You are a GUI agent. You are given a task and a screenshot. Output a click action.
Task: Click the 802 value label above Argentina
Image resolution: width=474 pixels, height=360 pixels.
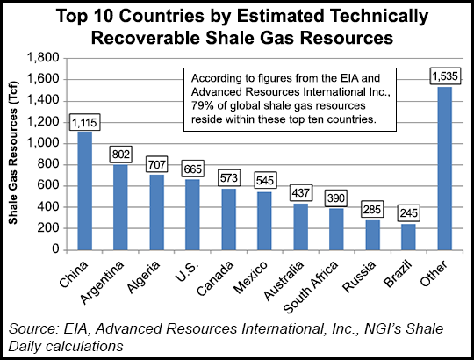(x=120, y=155)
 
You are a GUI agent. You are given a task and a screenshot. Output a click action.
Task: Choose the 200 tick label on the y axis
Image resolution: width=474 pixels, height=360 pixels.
(x=53, y=228)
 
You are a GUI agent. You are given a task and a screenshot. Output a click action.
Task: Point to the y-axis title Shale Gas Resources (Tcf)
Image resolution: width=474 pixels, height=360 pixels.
(x=15, y=154)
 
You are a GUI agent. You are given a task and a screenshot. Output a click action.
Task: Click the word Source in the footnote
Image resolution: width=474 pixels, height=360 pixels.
(x=32, y=329)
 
